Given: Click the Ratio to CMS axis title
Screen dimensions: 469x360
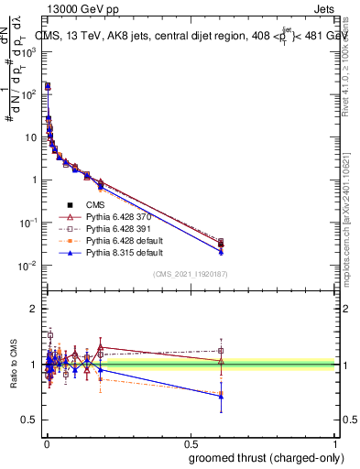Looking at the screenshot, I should click(16, 366).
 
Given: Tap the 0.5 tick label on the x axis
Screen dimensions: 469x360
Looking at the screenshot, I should click(191, 442).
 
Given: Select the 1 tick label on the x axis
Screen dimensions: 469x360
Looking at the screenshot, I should click(335, 442).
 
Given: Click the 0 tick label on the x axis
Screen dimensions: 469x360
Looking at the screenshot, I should click(46, 442).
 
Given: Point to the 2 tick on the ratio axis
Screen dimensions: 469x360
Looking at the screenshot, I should click(34, 309).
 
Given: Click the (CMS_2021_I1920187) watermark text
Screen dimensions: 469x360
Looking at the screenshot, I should click(191, 274).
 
